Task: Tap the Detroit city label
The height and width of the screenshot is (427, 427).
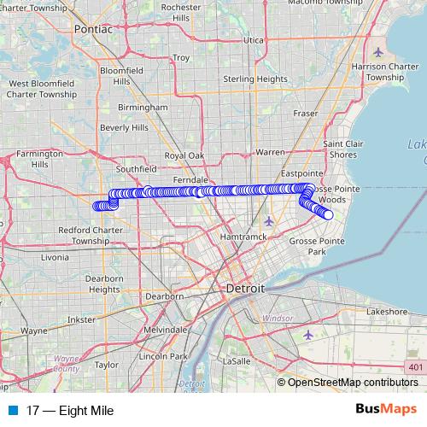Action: click(245, 290)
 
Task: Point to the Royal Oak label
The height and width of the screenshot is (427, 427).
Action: click(184, 156)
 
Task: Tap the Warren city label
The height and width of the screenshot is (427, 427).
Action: click(270, 152)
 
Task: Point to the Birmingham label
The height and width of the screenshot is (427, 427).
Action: click(143, 108)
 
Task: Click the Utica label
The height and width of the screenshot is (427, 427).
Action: click(254, 39)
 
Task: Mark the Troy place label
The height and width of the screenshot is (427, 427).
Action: click(181, 58)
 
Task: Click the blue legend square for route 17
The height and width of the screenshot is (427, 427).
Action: click(14, 411)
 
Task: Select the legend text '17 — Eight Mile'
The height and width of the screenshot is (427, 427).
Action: click(70, 411)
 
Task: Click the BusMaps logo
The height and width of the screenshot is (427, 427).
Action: click(385, 410)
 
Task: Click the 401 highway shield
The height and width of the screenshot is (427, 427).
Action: click(414, 366)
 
